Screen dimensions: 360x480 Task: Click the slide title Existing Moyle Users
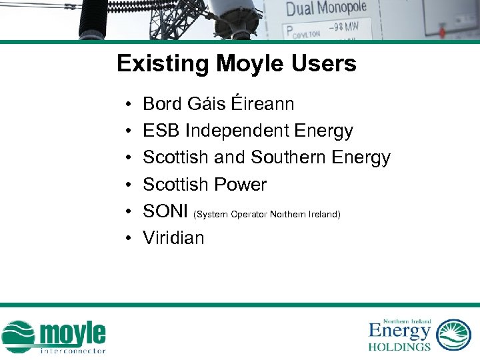236,64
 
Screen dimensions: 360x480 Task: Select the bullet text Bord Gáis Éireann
218,104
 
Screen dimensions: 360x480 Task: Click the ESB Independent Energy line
247,131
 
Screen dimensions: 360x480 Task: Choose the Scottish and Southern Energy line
266,157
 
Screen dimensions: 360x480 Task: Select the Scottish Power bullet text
205,184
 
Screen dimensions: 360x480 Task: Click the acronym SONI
165,211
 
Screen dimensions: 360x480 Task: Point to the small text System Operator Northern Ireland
267,214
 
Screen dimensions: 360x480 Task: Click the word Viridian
173,238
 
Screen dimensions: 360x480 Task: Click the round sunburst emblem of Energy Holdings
453,334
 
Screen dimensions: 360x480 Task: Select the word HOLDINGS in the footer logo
399,347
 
